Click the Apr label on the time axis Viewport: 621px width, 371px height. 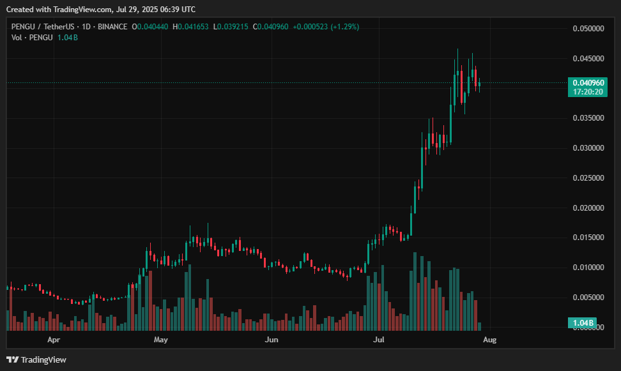click(x=54, y=340)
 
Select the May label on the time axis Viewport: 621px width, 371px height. click(x=160, y=340)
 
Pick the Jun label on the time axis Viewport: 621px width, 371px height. click(x=272, y=340)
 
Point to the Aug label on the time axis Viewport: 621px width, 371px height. click(x=490, y=340)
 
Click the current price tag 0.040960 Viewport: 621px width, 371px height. click(x=587, y=83)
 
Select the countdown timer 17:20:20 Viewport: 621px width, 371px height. click(x=587, y=92)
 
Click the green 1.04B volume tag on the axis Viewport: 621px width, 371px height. click(x=583, y=324)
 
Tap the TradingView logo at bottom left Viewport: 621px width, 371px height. click(x=36, y=360)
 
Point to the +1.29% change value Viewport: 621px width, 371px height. click(x=344, y=27)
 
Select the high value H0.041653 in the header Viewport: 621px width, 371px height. click(x=191, y=27)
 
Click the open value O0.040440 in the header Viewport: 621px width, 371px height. click(x=150, y=27)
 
